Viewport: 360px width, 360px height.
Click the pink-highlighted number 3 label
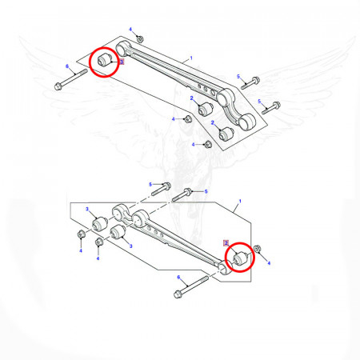(x=122, y=62)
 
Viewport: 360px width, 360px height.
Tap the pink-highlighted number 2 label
(x=226, y=243)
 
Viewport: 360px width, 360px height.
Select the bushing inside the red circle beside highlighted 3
(x=105, y=60)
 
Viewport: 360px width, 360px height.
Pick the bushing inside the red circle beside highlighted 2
(x=241, y=258)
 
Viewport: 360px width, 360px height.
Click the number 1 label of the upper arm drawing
(x=191, y=58)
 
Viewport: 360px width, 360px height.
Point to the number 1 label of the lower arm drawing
(x=240, y=202)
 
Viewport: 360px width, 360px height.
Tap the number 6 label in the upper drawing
(x=67, y=66)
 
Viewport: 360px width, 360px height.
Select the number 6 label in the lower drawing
(x=178, y=278)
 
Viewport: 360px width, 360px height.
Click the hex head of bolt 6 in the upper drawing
(x=58, y=86)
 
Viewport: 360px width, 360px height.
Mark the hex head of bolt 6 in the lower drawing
(x=177, y=294)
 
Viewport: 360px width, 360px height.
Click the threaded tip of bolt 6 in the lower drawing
(x=206, y=278)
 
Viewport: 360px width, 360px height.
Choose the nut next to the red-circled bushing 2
(x=257, y=249)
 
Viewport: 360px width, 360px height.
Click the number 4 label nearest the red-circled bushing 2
(x=269, y=263)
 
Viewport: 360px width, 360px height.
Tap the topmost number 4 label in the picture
(x=130, y=29)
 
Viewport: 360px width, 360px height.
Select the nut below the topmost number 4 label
(x=140, y=39)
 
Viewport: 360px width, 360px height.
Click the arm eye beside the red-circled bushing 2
(x=226, y=268)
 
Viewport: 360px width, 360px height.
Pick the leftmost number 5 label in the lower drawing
(x=150, y=185)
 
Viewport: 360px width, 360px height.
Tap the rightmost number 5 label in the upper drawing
(x=259, y=102)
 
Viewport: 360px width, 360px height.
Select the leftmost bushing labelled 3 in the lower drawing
(x=99, y=223)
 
